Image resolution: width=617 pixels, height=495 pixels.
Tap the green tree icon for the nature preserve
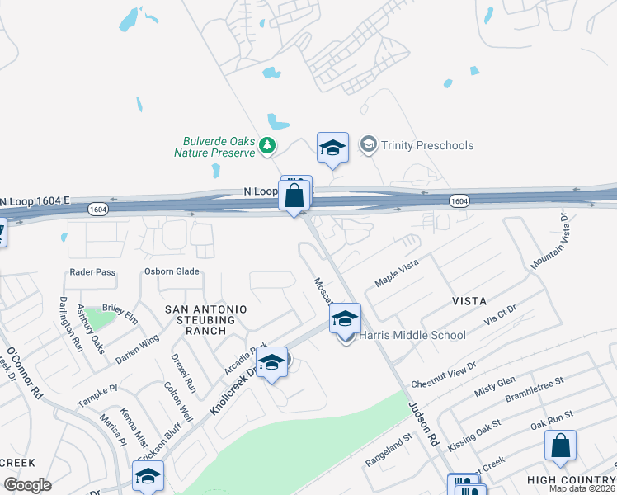coord(266,146)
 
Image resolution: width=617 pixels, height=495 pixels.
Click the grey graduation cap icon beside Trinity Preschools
coord(368,145)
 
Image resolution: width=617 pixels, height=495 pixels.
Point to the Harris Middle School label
coord(413,335)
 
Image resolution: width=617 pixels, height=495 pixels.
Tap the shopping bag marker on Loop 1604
coord(294,196)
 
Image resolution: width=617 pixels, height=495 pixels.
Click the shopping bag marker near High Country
coord(560,446)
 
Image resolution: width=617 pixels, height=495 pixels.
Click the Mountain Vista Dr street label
coord(550,242)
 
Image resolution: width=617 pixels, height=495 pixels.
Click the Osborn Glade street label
coord(174,272)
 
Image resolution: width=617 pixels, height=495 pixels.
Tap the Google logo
coord(28,485)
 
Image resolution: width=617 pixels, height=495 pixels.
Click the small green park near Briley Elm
coord(100,318)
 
